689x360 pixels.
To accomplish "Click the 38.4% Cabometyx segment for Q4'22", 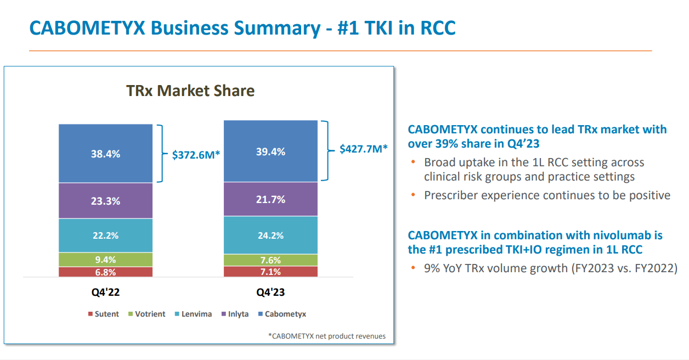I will tap(105, 154).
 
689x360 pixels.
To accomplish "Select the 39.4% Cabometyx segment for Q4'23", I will tap(270, 151).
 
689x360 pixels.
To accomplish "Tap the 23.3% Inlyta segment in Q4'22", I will tap(105, 201).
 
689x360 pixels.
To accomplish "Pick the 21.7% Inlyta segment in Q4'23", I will tap(270, 199).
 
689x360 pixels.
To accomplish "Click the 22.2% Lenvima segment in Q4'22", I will tap(105, 235).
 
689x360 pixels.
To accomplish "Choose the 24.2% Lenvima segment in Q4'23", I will tap(270, 235).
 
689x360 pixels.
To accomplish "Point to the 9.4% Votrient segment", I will tap(105, 260).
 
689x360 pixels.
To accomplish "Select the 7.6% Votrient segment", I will tap(270, 260).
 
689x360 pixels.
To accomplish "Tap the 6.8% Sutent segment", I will tap(105, 272).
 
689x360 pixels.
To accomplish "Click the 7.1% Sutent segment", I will tap(270, 272).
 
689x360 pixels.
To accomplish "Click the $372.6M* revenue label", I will tap(196, 155).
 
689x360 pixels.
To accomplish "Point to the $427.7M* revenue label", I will tap(363, 149).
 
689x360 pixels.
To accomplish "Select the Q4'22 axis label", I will tap(105, 292).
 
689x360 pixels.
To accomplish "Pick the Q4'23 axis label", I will tap(270, 292).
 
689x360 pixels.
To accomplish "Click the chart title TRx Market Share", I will tap(190, 91).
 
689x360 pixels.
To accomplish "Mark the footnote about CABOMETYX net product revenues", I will tap(326, 336).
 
